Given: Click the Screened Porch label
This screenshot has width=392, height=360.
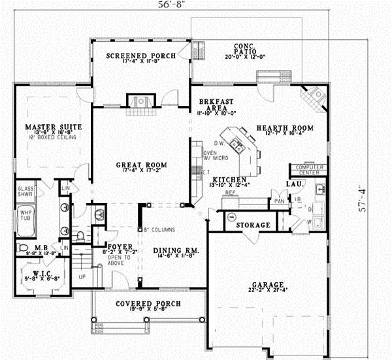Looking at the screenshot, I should click(x=141, y=56).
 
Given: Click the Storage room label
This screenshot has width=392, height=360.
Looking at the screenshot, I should click(x=253, y=225).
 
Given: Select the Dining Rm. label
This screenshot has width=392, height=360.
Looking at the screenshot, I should click(x=176, y=251).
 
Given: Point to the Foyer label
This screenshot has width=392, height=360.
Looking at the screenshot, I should click(x=121, y=246).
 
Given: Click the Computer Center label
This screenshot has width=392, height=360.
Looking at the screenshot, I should click(x=308, y=170).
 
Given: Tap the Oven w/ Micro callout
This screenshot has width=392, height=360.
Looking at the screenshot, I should click(x=215, y=156).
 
